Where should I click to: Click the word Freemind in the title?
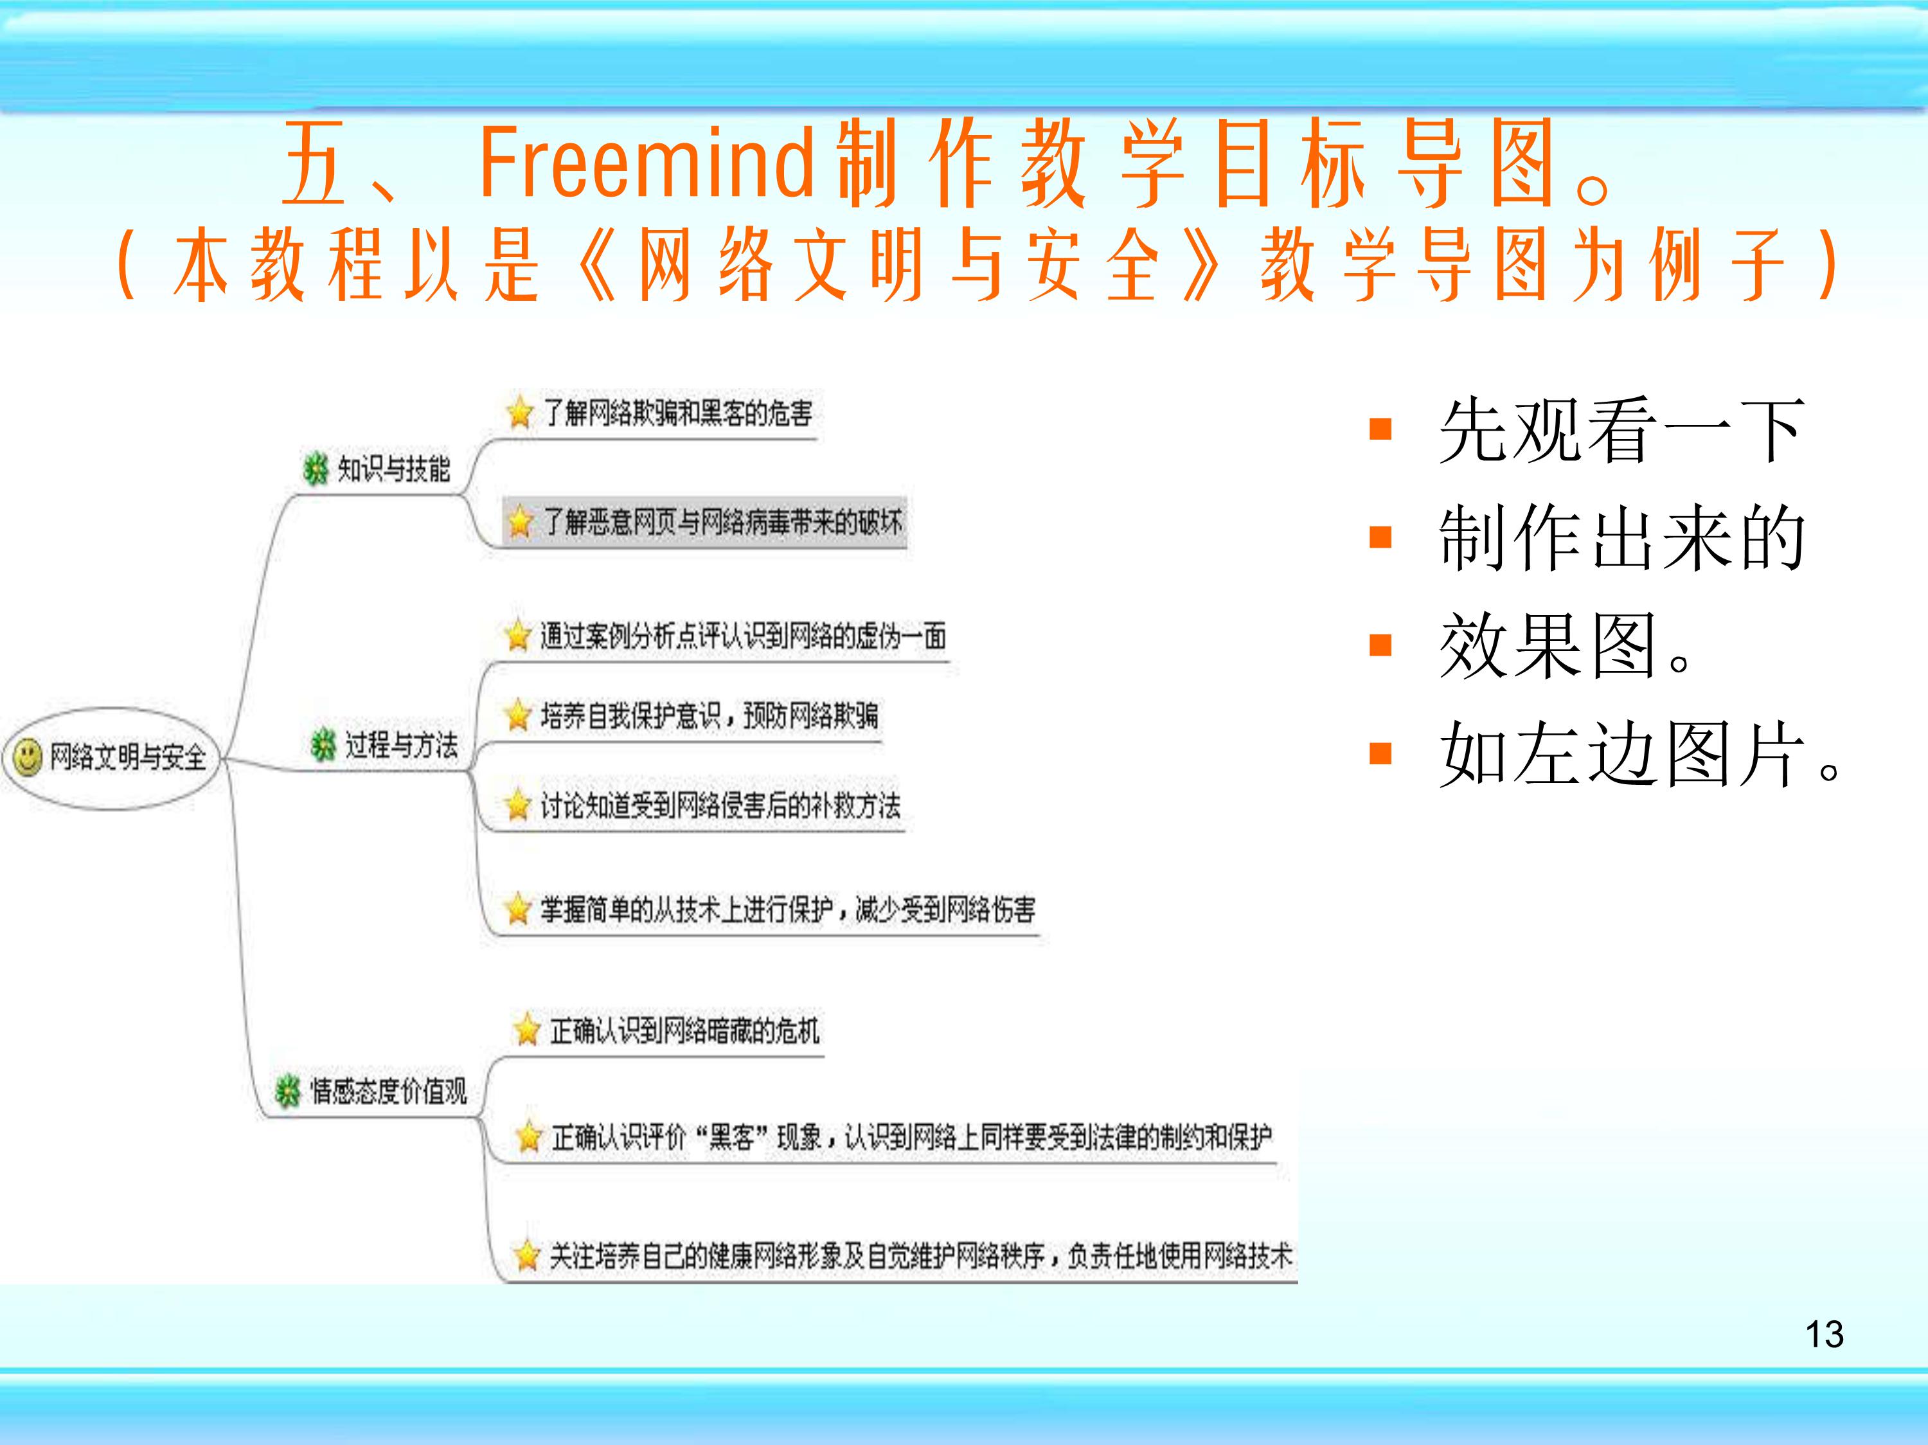pyautogui.click(x=646, y=163)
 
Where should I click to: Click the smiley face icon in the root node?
pyautogui.click(x=27, y=756)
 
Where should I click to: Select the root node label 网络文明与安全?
pyautogui.click(x=127, y=757)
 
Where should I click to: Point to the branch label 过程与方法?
pyautogui.click(x=401, y=745)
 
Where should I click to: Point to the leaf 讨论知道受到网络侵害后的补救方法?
pyautogui.click(x=720, y=805)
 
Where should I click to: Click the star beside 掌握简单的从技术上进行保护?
pyautogui.click(x=519, y=909)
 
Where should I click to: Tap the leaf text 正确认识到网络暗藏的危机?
pyautogui.click(x=684, y=1031)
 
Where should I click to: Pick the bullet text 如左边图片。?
pyautogui.click(x=1639, y=755)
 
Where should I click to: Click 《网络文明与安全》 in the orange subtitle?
pyautogui.click(x=898, y=264)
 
